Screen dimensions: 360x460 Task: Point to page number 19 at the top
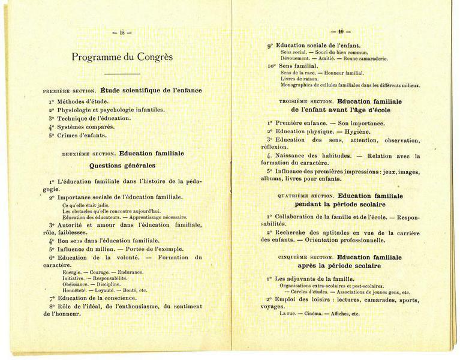(x=340, y=31)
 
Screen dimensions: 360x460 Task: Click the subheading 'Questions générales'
(x=122, y=165)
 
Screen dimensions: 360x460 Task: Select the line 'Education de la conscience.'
(x=97, y=298)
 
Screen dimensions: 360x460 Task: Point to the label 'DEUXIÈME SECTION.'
(x=89, y=154)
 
